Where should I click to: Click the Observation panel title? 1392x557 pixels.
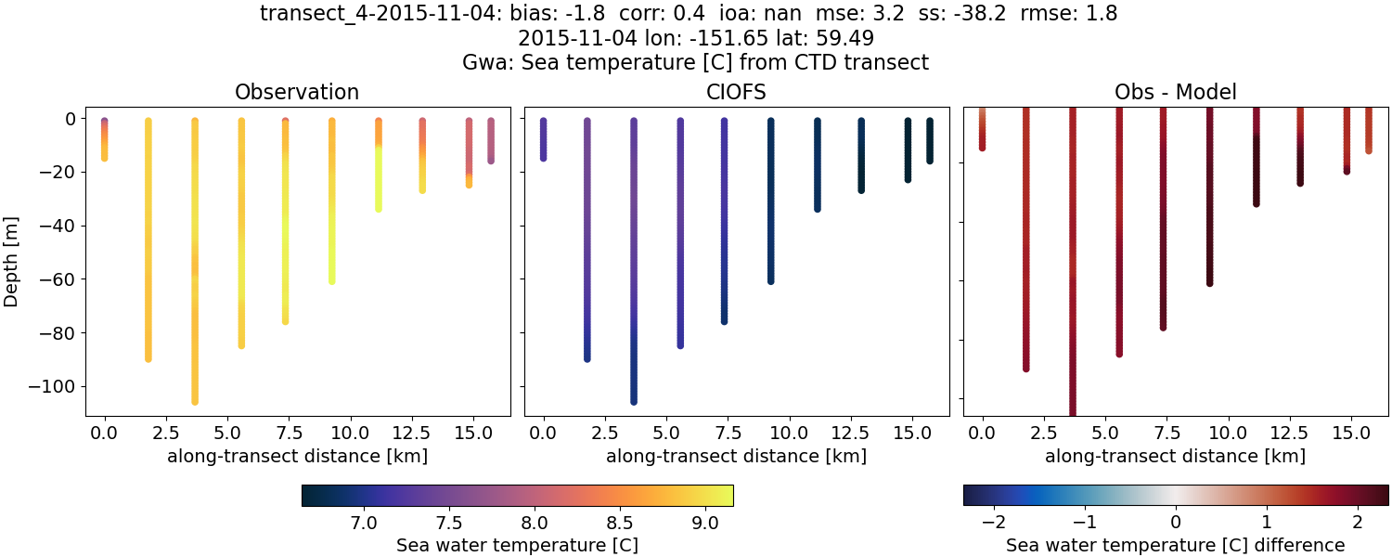(297, 92)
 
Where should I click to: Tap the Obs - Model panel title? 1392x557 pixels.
(1176, 92)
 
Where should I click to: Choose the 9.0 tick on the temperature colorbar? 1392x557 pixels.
(705, 523)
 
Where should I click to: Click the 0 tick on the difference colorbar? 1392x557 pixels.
(1176, 523)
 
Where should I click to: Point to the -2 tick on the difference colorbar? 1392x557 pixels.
(994, 523)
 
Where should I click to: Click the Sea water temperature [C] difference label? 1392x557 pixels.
(1176, 545)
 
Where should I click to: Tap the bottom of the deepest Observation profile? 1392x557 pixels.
(195, 401)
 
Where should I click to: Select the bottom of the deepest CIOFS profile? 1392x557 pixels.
(634, 401)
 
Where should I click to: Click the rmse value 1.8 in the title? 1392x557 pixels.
(1102, 14)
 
